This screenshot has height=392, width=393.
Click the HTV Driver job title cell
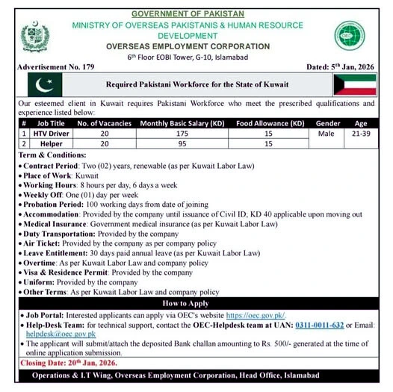[x=52, y=132]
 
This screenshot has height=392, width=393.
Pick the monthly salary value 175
[x=198, y=132]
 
